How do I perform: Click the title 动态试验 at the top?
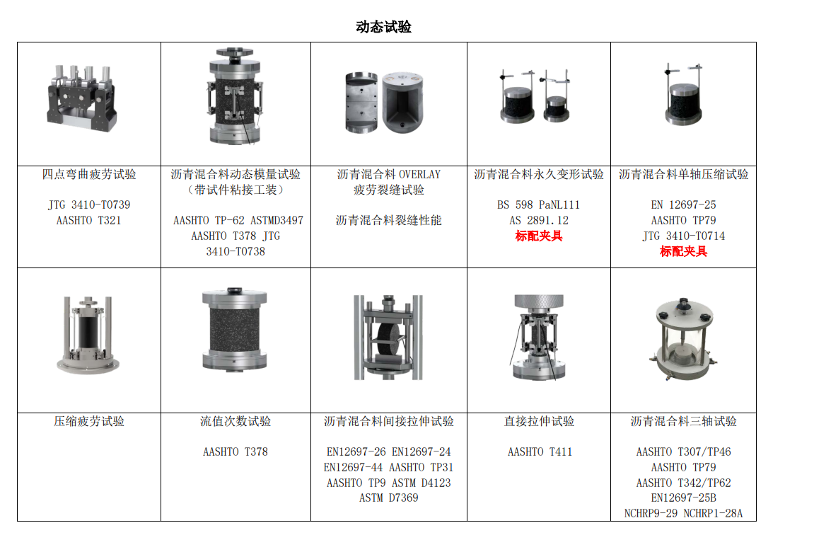tap(383, 26)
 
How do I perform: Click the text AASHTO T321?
tap(89, 220)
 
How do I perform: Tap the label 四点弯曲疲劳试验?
tap(89, 175)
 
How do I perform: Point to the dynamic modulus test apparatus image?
tap(236, 97)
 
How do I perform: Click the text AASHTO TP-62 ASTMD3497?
tap(238, 220)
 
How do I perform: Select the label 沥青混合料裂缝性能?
tap(389, 220)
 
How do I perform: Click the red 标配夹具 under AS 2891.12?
tap(539, 236)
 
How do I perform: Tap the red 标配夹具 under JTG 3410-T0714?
tap(684, 251)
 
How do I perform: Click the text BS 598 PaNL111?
tap(539, 205)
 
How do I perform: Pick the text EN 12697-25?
tap(684, 205)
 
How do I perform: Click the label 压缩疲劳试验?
tap(89, 421)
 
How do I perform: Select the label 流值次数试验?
tap(236, 421)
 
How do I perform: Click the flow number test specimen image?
tap(235, 328)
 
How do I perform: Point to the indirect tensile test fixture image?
tap(388, 338)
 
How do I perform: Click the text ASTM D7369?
tap(389, 497)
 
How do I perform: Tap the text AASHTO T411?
tap(540, 452)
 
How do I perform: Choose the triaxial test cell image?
tap(684, 339)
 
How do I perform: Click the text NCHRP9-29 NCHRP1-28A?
tap(684, 513)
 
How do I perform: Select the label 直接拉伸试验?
tap(540, 421)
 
